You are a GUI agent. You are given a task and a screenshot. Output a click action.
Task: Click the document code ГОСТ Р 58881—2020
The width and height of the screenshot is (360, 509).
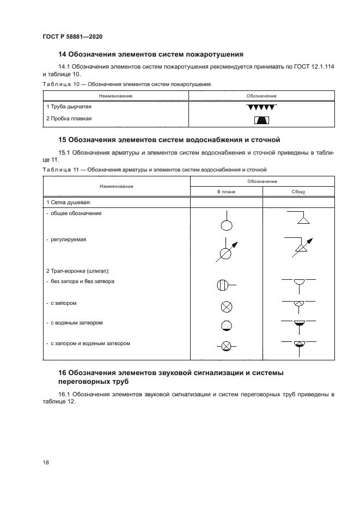pyautogui.click(x=72, y=36)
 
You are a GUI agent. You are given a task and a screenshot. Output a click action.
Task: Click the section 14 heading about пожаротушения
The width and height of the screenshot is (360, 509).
pyautogui.click(x=150, y=54)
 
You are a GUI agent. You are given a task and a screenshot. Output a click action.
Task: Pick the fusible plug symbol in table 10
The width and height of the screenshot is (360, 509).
pyautogui.click(x=261, y=120)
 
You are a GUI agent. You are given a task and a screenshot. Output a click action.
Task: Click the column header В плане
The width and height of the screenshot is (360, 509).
pyautogui.click(x=225, y=192)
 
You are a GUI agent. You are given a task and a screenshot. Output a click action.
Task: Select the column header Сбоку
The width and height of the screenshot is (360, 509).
pyautogui.click(x=298, y=192)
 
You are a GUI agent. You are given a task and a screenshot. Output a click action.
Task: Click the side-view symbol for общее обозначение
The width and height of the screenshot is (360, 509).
pyautogui.click(x=298, y=219)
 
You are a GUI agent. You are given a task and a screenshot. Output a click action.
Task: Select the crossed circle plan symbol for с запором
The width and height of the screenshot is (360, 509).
pyautogui.click(x=226, y=306)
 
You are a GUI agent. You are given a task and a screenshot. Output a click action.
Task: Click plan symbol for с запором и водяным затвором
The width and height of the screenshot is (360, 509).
pyautogui.click(x=225, y=345)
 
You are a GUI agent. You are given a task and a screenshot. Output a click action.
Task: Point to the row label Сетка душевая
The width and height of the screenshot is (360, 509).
pyautogui.click(x=68, y=202)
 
